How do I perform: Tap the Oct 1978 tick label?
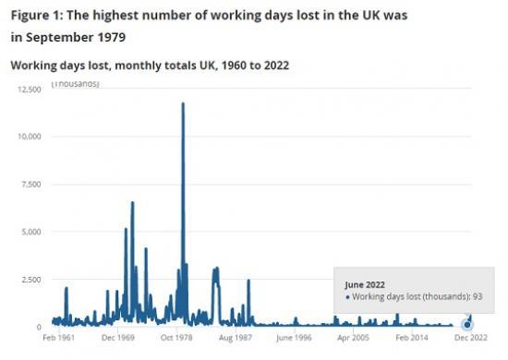coord(179,339)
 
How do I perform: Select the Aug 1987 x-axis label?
coord(237,339)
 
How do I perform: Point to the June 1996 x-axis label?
coord(296,339)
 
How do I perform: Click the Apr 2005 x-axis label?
coord(355,339)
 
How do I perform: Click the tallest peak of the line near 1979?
coord(183,103)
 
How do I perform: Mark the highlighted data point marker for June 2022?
coord(467,324)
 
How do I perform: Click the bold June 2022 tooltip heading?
coord(365,284)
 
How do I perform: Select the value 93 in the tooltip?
coord(478,297)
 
